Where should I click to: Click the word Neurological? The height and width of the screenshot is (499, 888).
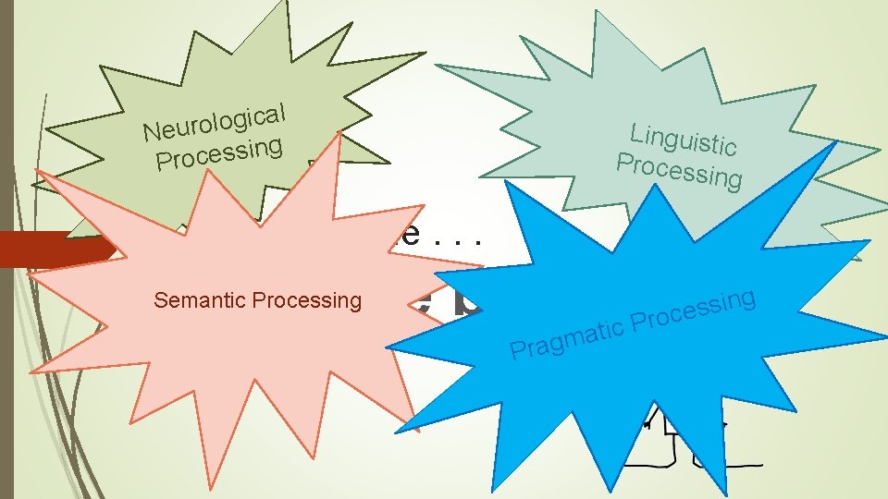tap(214, 123)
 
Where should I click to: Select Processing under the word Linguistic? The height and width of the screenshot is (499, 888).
tap(679, 168)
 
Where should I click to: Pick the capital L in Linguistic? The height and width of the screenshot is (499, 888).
tap(636, 130)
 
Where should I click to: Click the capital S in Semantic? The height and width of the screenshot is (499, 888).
tap(160, 300)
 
